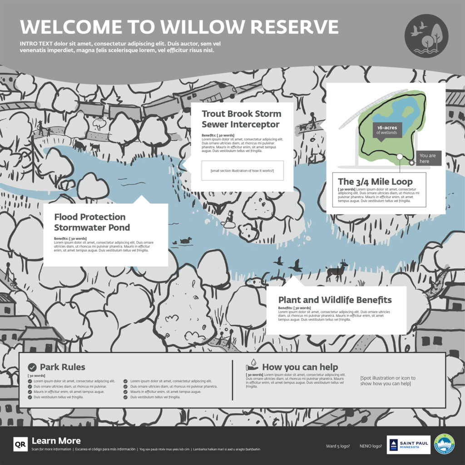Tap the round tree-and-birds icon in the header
click(x=426, y=36)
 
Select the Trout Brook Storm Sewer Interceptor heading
click(x=241, y=119)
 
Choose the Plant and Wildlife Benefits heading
click(x=335, y=300)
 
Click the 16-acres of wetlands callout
click(x=386, y=130)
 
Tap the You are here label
click(x=427, y=158)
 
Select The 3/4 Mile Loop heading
click(x=375, y=182)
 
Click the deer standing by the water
click(x=336, y=272)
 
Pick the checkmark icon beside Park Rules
click(x=32, y=367)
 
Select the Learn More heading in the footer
click(x=56, y=440)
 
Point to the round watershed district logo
click(x=444, y=444)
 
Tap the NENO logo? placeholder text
click(x=371, y=445)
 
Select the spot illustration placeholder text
click(x=387, y=381)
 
